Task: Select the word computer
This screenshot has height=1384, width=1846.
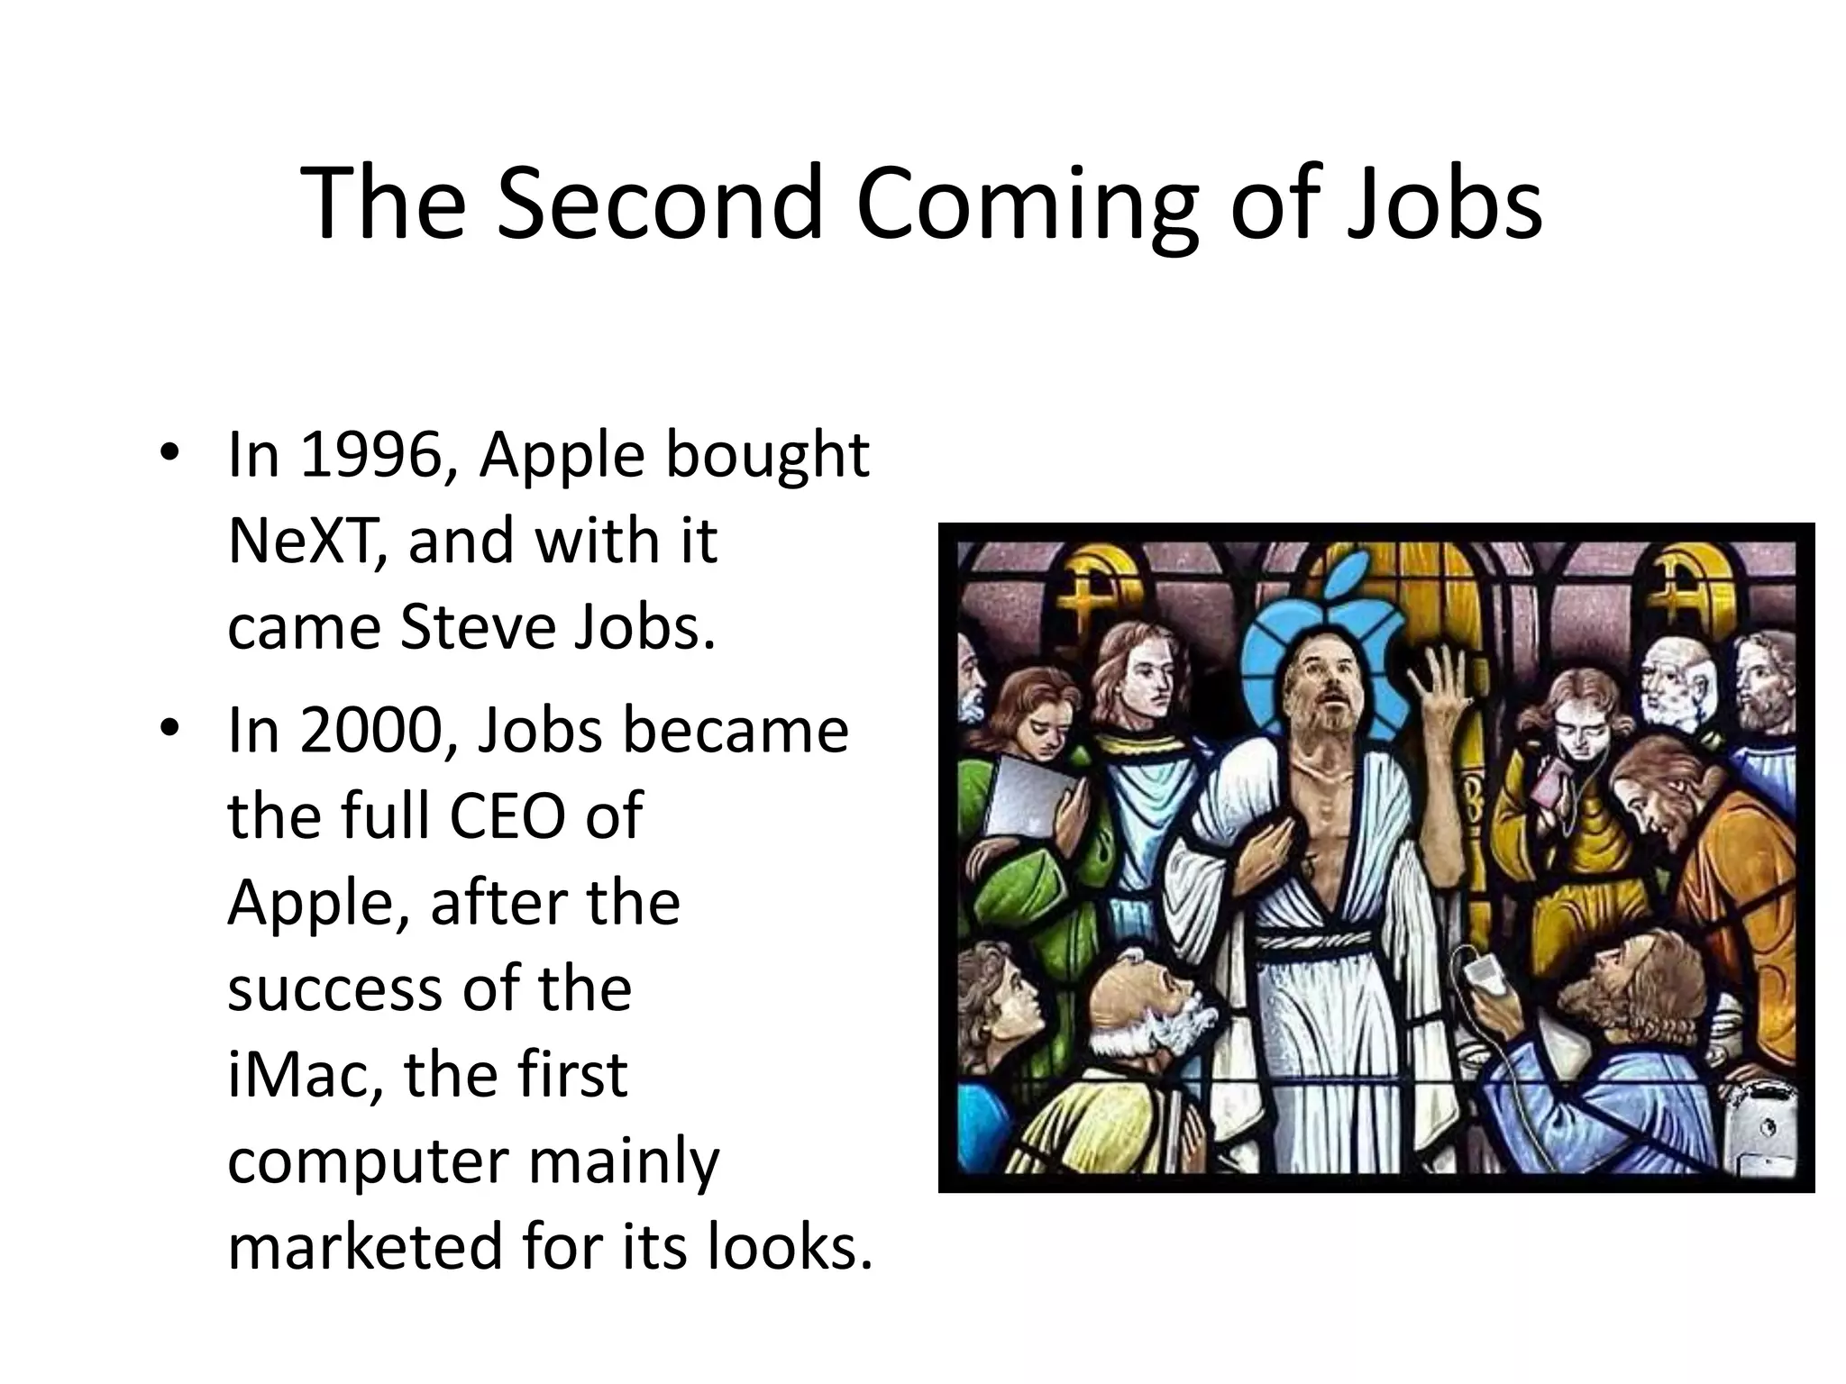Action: (368, 1162)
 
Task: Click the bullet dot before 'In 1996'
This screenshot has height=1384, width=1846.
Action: (168, 452)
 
